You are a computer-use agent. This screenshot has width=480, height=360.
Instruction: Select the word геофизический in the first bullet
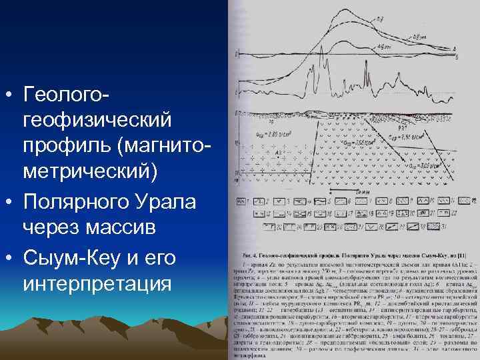(97, 121)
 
